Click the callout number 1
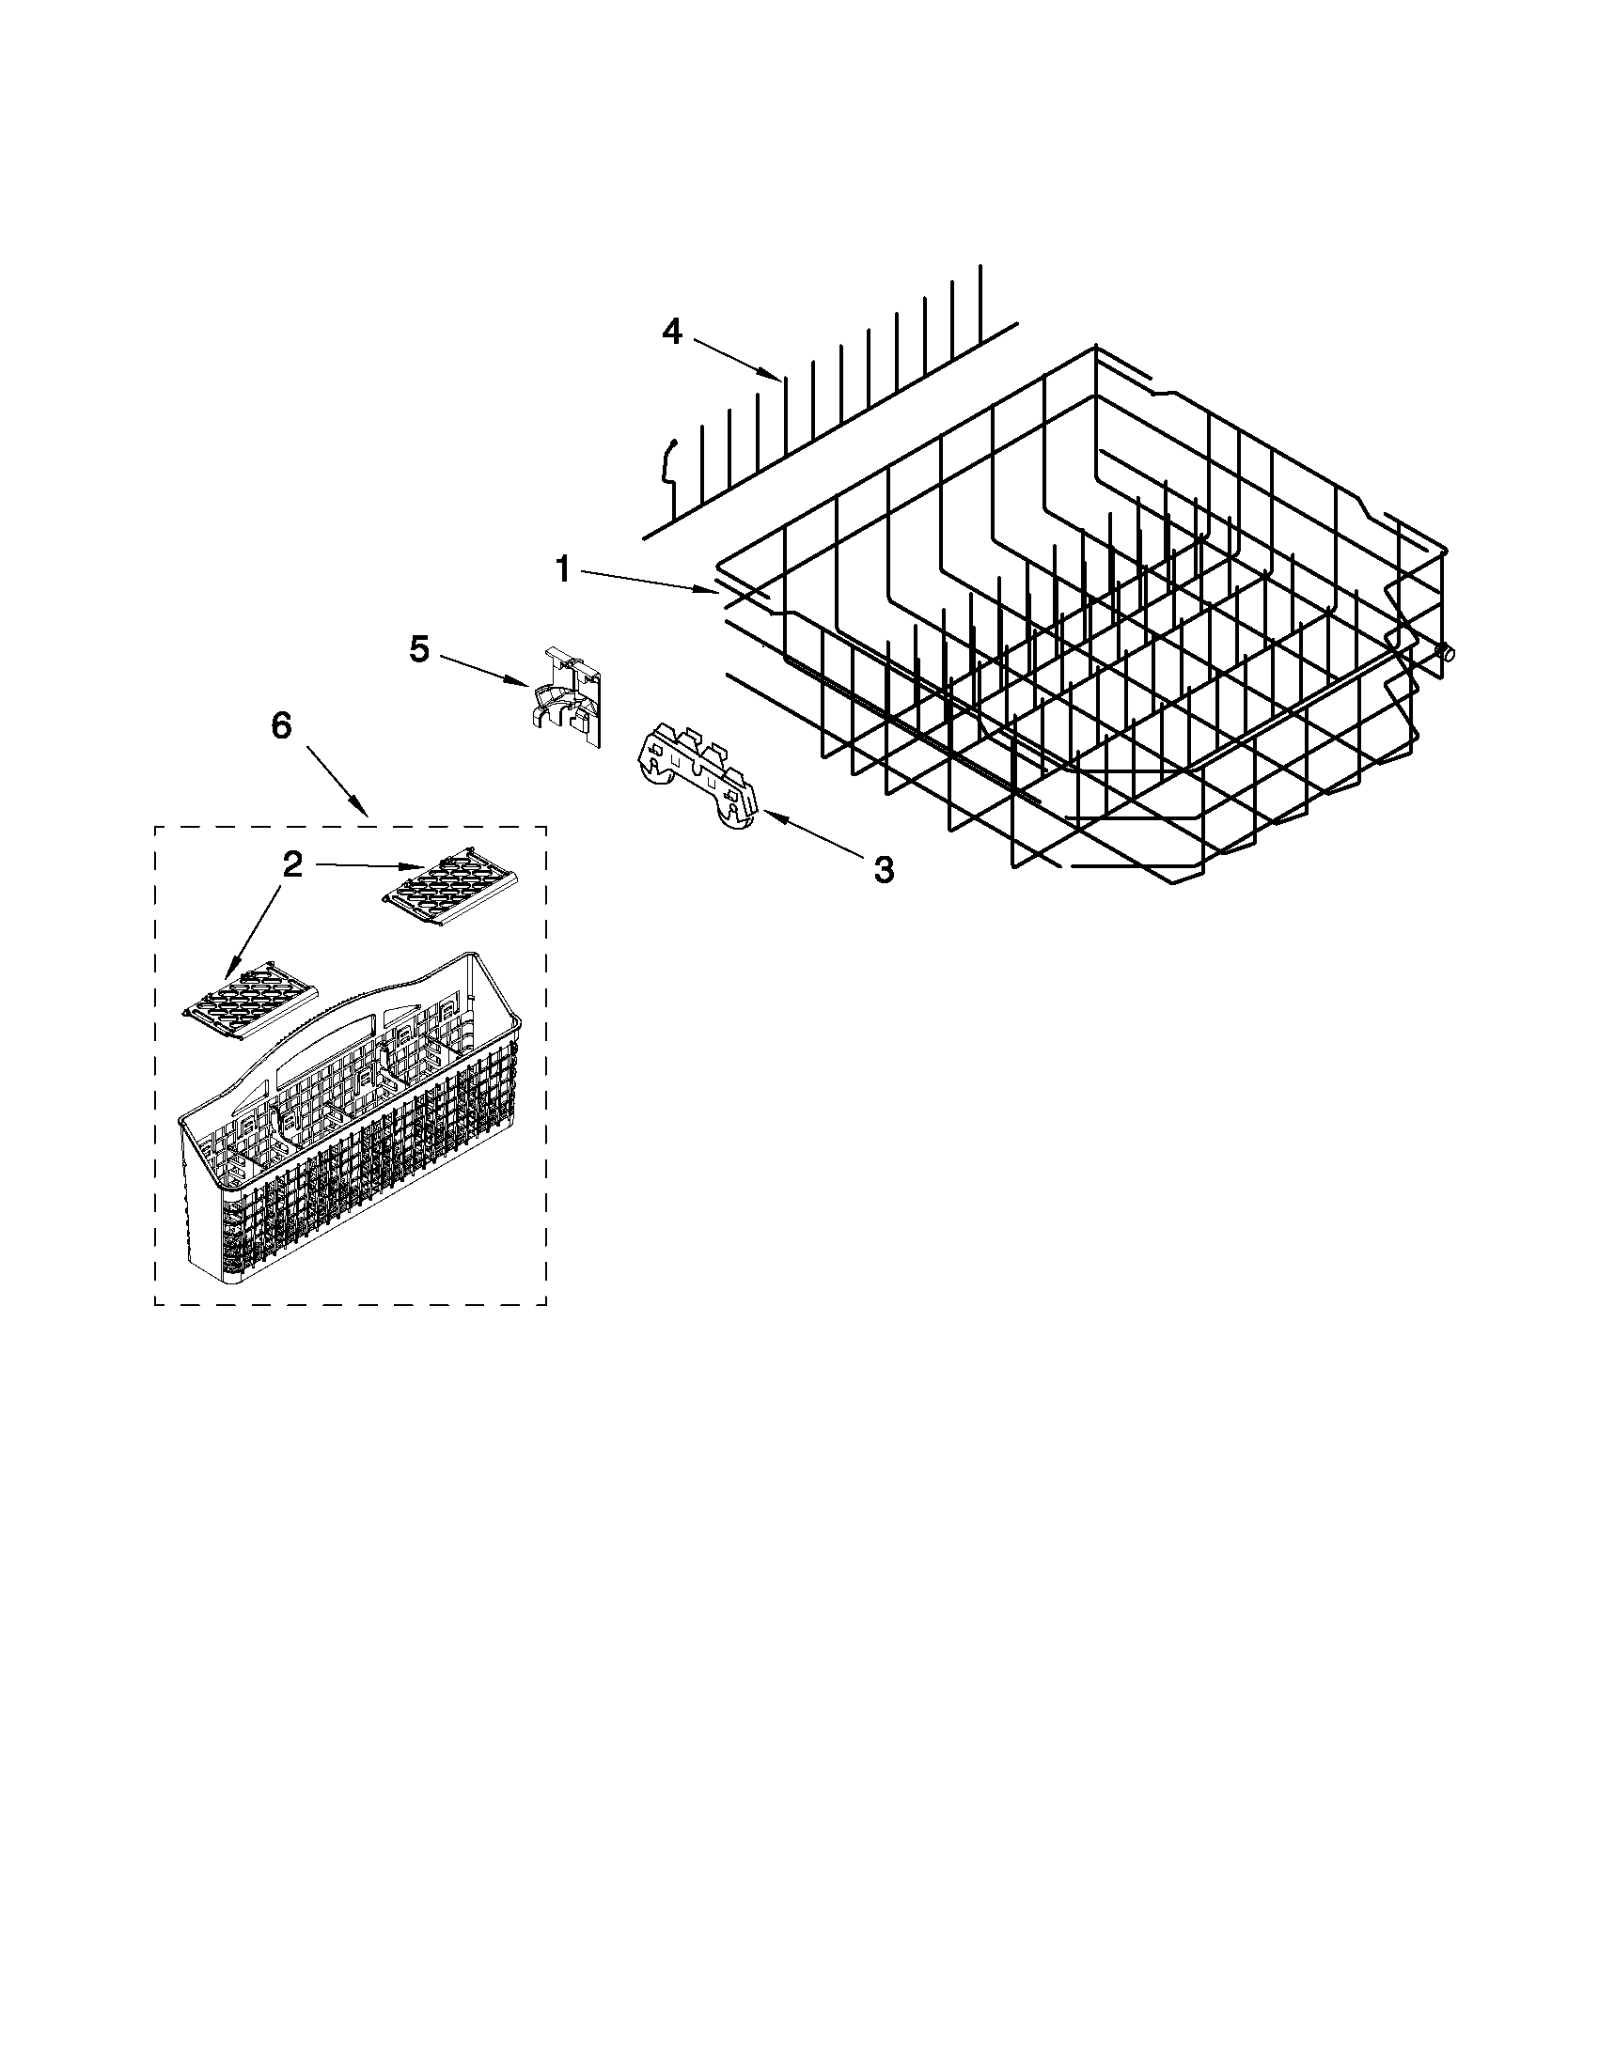pyautogui.click(x=563, y=570)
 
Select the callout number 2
pyautogui.click(x=292, y=864)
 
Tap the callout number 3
pyautogui.click(x=882, y=868)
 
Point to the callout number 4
pyautogui.click(x=671, y=333)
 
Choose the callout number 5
pyautogui.click(x=419, y=649)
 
